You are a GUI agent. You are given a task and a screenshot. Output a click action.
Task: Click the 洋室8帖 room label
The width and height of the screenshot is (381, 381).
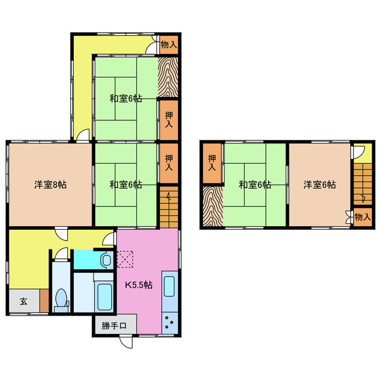click(x=50, y=185)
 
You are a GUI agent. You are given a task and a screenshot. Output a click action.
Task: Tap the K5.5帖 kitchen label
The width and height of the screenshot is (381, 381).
click(x=139, y=285)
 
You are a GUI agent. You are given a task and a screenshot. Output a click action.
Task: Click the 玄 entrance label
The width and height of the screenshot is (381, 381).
click(x=23, y=301)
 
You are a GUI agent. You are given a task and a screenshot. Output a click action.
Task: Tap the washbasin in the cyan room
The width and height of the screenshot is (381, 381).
click(x=106, y=260)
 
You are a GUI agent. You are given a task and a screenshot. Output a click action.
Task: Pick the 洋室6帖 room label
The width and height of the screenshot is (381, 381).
click(x=319, y=185)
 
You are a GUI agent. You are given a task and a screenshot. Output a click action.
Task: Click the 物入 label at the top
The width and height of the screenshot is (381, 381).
click(x=169, y=44)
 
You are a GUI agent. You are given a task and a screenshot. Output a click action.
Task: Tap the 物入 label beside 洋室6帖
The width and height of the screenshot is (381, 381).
click(x=362, y=217)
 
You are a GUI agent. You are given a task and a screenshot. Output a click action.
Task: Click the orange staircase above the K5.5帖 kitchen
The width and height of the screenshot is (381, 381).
click(x=168, y=207)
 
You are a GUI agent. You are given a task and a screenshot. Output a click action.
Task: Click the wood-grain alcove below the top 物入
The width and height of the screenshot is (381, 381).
click(x=168, y=76)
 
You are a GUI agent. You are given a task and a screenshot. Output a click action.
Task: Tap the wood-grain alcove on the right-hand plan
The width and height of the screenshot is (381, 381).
click(x=211, y=207)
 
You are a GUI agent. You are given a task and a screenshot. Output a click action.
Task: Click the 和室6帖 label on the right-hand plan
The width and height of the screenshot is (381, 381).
click(x=255, y=185)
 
